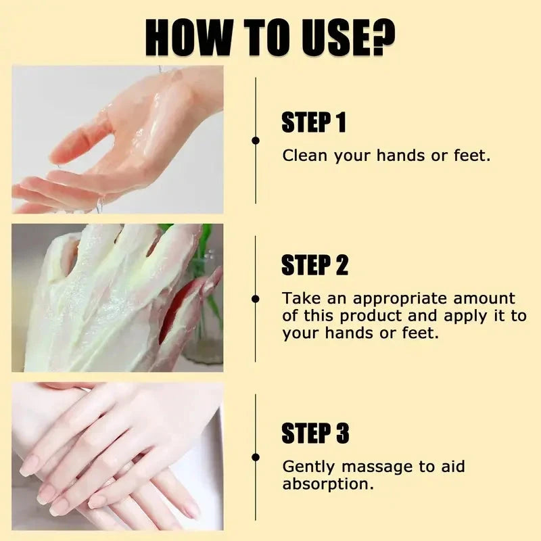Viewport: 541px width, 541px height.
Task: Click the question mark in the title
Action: coord(381,38)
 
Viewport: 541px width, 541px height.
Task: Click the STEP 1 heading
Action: coord(313,123)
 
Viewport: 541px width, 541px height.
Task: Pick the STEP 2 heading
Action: coord(314,266)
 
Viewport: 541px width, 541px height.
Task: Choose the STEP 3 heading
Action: coord(314,433)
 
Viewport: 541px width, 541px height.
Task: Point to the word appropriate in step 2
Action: coord(392,298)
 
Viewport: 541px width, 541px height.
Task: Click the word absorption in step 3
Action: coord(327,484)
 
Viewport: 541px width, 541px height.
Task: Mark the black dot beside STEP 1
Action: coord(256,141)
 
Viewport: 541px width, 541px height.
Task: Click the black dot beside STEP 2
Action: coord(256,298)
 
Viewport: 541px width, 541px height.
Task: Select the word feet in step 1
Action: coord(470,156)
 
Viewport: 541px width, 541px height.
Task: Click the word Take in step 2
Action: coord(298,298)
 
